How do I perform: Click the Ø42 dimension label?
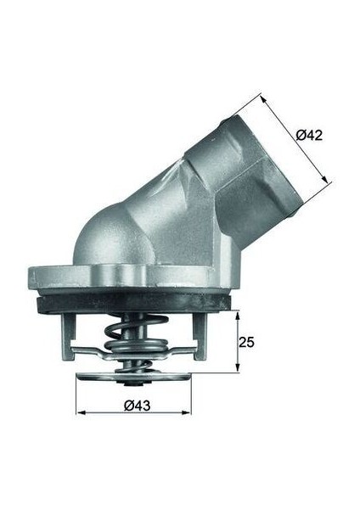click(308, 134)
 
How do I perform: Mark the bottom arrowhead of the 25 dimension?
click(235, 370)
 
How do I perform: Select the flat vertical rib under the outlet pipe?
click(217, 242)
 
